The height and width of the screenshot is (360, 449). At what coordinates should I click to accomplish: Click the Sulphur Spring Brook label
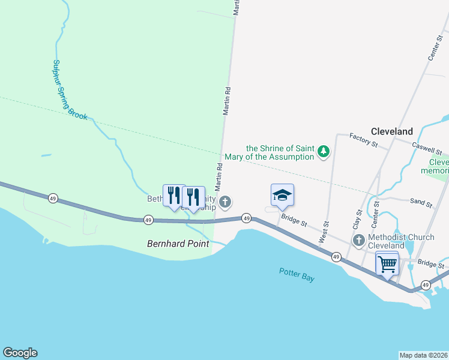click(70, 90)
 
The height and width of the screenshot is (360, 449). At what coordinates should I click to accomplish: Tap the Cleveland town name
click(391, 131)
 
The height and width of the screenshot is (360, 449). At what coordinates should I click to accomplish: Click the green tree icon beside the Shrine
click(324, 151)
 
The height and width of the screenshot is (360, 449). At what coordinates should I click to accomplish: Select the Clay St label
click(357, 219)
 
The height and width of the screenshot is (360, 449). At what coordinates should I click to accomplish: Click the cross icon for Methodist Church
click(359, 241)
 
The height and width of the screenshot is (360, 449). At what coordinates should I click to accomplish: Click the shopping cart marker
click(387, 263)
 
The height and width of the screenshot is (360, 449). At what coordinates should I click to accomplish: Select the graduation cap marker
click(282, 195)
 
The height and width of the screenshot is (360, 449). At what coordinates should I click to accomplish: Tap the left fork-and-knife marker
click(174, 195)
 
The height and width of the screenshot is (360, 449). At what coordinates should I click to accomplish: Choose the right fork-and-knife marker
click(193, 196)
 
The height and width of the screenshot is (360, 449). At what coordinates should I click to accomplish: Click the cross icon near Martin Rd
click(225, 202)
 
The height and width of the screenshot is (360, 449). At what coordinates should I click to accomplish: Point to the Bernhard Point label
click(178, 244)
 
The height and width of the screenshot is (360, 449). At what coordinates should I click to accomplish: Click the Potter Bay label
click(297, 275)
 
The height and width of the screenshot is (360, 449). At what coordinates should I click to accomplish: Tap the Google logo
click(20, 353)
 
